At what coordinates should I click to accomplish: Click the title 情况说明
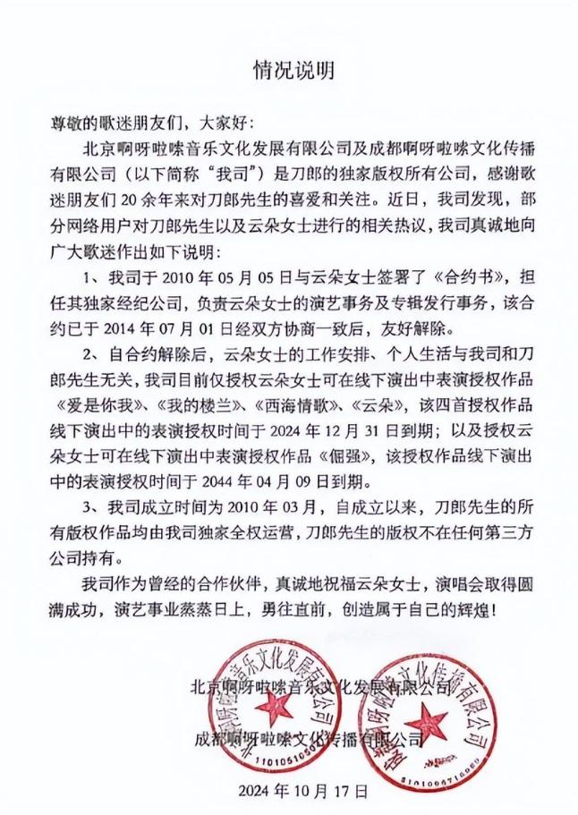(x=289, y=67)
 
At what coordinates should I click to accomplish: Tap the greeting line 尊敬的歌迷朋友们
(x=120, y=120)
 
